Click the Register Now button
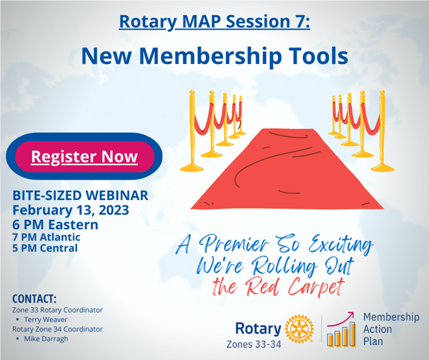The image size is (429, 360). pos(84,157)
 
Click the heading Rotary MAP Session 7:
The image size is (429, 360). pos(214,22)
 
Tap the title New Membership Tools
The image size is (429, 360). pos(214,55)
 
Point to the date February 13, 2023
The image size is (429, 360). pos(71,210)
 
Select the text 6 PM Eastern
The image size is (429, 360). pos(55,225)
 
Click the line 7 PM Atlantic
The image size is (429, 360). pos(46,237)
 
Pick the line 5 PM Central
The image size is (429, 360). pos(44,248)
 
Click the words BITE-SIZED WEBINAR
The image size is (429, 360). pos(80,196)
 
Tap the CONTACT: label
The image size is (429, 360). pos(34,297)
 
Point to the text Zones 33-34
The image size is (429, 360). pos(254,343)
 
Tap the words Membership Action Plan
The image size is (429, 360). pos(391,329)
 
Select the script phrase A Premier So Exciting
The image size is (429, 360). pos(274,246)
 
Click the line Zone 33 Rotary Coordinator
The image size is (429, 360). pos(57,309)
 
